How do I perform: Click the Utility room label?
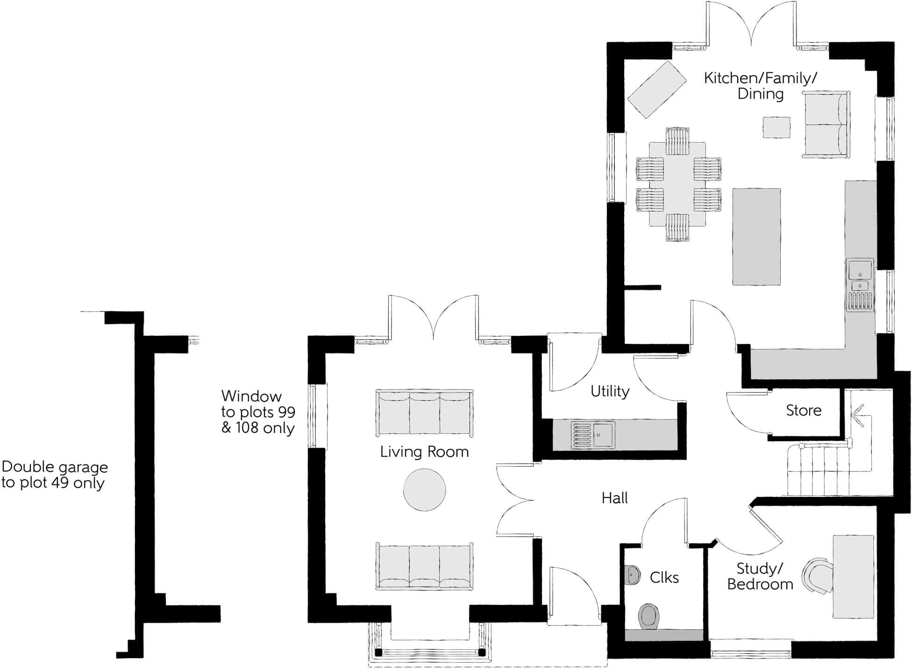(610, 391)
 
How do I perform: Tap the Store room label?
(803, 410)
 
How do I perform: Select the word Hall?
(614, 498)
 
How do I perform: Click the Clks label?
(664, 578)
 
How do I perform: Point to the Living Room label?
(424, 452)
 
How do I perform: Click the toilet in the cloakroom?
(648, 616)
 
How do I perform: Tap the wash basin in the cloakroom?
(632, 575)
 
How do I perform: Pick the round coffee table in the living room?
(424, 490)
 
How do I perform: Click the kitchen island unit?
(756, 236)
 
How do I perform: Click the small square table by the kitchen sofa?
(777, 128)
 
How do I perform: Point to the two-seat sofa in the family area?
(826, 125)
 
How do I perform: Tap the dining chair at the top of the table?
(677, 141)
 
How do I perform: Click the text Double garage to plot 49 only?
(54, 475)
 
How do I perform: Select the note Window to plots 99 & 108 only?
(258, 412)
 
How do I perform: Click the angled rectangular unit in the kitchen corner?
(656, 90)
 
